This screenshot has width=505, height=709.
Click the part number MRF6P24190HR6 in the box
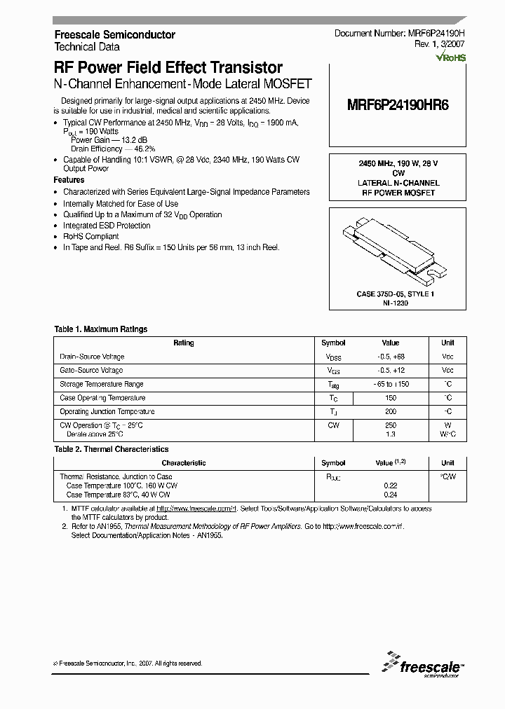398,105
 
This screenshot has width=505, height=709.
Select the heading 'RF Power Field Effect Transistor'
168,68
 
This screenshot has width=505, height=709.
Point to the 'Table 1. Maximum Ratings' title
101,329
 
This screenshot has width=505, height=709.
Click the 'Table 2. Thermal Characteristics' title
112,449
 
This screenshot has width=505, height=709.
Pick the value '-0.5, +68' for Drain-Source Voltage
391,357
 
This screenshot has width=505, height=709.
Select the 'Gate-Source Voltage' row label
91,370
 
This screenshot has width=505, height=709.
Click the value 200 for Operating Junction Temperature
391,411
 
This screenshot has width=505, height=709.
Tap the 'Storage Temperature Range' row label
102,384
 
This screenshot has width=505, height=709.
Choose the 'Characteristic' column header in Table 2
184,463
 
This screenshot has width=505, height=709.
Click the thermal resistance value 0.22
391,485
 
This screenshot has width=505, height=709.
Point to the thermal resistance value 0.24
391,494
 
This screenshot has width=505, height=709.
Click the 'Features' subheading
69,180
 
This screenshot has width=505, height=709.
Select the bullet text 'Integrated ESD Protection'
107,226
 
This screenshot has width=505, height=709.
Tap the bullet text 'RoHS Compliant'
91,237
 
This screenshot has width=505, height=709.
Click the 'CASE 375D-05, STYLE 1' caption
396,294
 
